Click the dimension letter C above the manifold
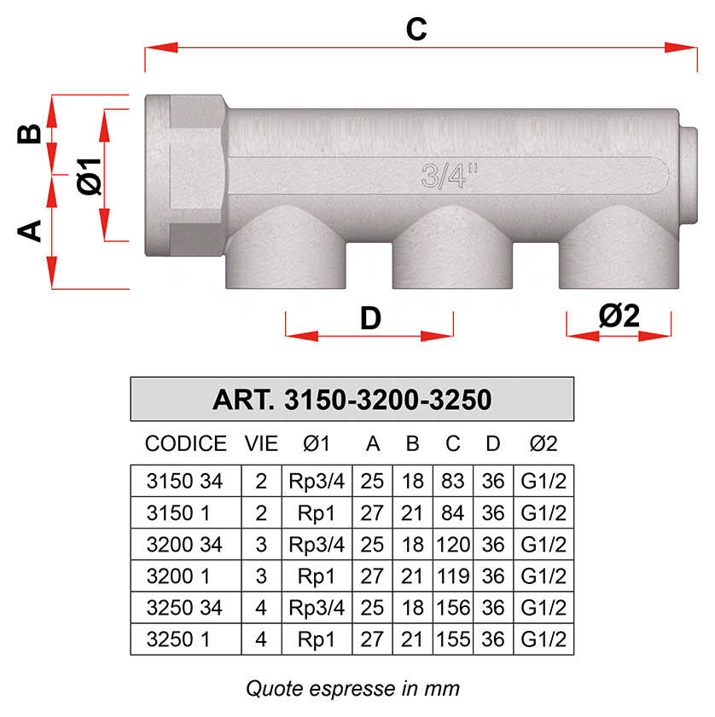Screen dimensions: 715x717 (x=416, y=29)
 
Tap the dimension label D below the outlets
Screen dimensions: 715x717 (x=370, y=318)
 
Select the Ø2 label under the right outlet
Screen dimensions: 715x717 (x=619, y=315)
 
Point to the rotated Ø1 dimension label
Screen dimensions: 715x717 (x=89, y=176)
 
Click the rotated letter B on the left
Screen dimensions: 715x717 (x=29, y=134)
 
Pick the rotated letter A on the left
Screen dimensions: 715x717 (x=29, y=230)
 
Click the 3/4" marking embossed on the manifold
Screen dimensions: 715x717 (x=449, y=176)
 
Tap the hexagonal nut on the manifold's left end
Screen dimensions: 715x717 (x=186, y=176)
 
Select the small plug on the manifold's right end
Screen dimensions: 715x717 (x=689, y=176)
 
